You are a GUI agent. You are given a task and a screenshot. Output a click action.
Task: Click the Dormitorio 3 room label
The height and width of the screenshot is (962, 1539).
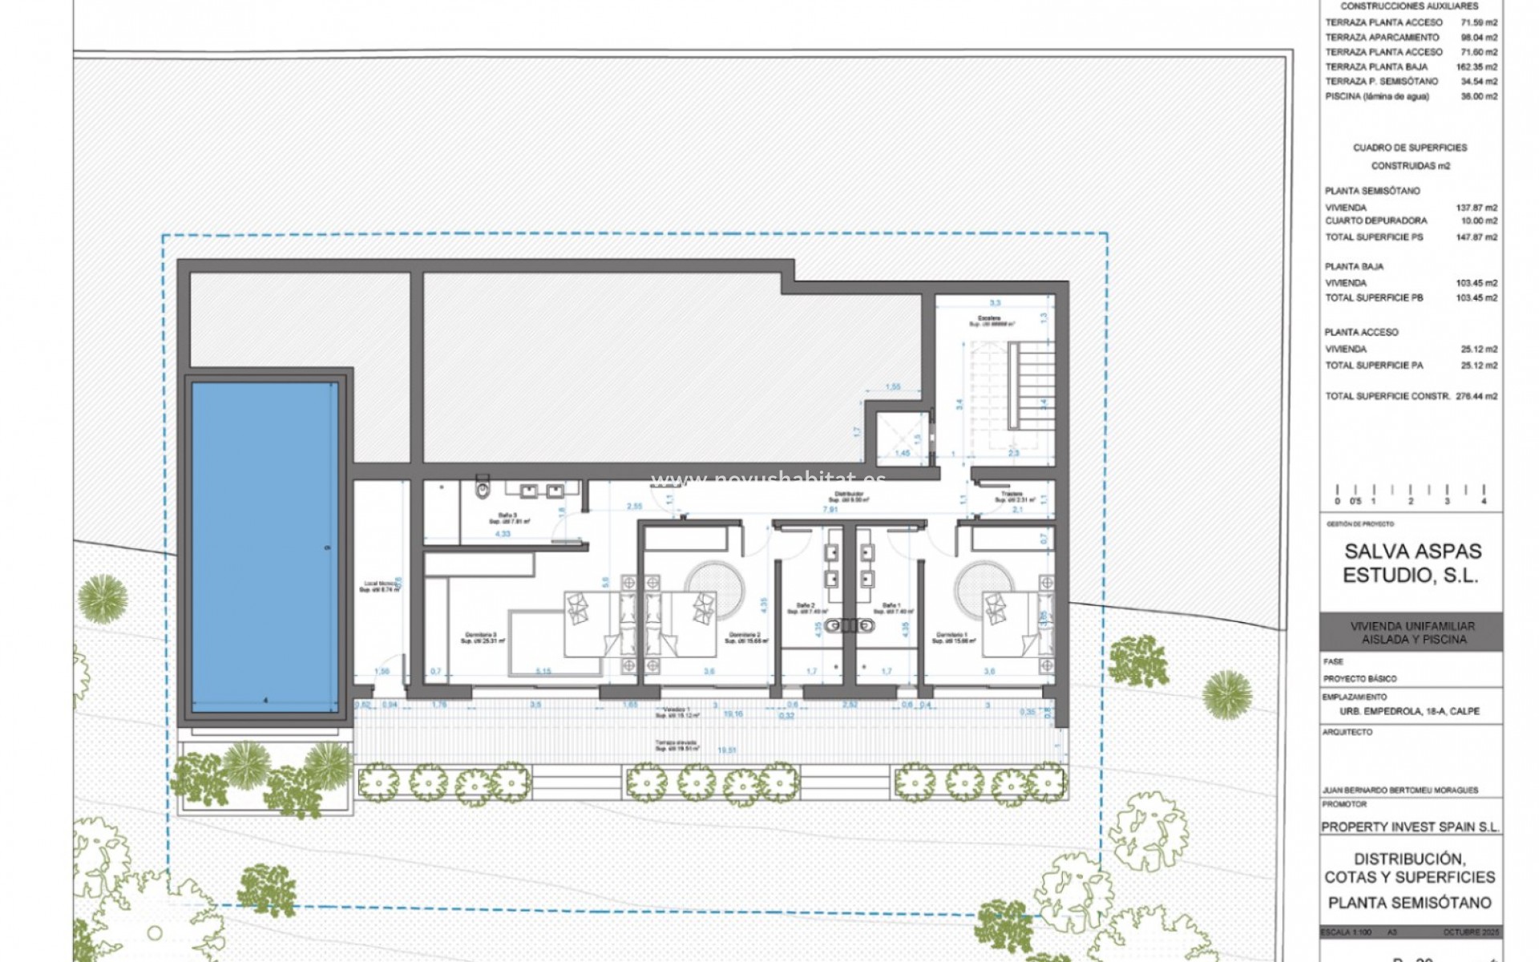pyautogui.click(x=479, y=637)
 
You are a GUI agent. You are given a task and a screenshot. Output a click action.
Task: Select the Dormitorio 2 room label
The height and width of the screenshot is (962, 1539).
pyautogui.click(x=743, y=637)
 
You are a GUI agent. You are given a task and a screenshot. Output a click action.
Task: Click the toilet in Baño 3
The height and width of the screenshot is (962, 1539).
pyautogui.click(x=482, y=486)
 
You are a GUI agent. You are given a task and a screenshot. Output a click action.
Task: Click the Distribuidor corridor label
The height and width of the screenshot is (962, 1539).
pyautogui.click(x=848, y=495)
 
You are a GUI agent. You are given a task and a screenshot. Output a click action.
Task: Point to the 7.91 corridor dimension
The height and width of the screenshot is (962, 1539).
pyautogui.click(x=830, y=509)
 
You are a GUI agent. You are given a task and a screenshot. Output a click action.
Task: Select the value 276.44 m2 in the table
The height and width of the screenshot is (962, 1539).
pyautogui.click(x=1477, y=396)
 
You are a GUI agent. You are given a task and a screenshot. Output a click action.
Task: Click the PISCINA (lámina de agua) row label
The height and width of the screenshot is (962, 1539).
pyautogui.click(x=1377, y=96)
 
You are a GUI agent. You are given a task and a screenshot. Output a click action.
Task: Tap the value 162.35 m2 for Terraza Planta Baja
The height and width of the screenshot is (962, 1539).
pyautogui.click(x=1477, y=67)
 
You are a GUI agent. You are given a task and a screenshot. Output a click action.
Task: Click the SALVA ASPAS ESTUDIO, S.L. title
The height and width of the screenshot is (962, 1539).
pyautogui.click(x=1412, y=564)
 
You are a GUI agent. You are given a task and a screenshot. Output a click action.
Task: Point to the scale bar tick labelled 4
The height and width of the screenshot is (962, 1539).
pyautogui.click(x=1484, y=501)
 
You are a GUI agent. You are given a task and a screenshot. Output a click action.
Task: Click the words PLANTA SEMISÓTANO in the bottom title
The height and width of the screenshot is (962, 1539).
pyautogui.click(x=1410, y=903)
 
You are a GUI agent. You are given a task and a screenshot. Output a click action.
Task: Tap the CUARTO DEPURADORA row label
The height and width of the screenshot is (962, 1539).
pyautogui.click(x=1375, y=220)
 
